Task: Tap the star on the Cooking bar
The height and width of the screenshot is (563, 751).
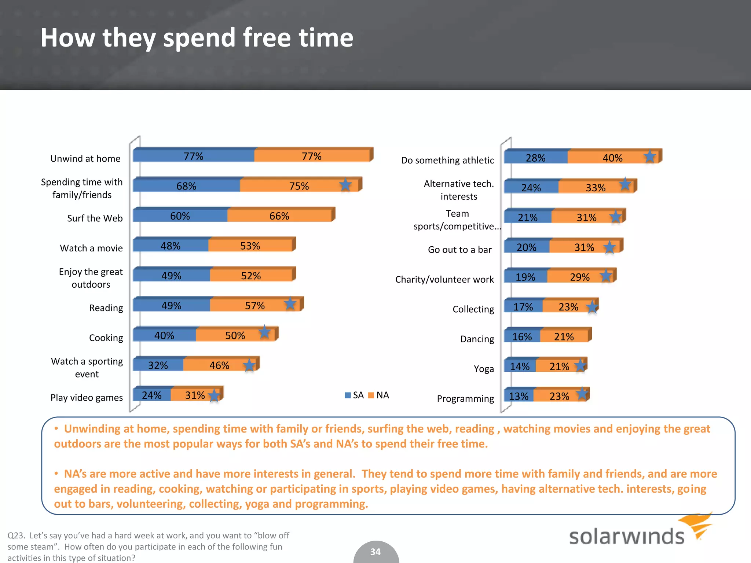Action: coord(264,332)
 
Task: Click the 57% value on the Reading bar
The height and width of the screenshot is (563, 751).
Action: coord(254,306)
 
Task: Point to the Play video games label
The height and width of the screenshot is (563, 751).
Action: coord(87,398)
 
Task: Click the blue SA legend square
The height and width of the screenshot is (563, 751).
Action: coord(348,395)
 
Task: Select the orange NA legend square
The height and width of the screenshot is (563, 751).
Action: coord(371,395)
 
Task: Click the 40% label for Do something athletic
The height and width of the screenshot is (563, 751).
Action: coord(612,158)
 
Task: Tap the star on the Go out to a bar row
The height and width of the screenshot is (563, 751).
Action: coord(609,247)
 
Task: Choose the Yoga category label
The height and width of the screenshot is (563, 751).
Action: coord(484,369)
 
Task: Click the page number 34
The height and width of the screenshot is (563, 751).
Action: coord(375,552)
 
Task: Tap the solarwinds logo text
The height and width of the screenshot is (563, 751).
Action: coord(626,536)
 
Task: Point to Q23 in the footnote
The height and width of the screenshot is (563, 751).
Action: coord(16,536)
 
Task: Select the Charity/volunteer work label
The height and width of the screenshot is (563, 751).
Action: coord(444,279)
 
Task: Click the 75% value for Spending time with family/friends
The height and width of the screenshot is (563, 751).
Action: coord(299,186)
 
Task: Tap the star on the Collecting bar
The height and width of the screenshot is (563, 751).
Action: coord(592,307)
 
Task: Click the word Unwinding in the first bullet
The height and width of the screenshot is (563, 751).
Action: coord(96,429)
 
